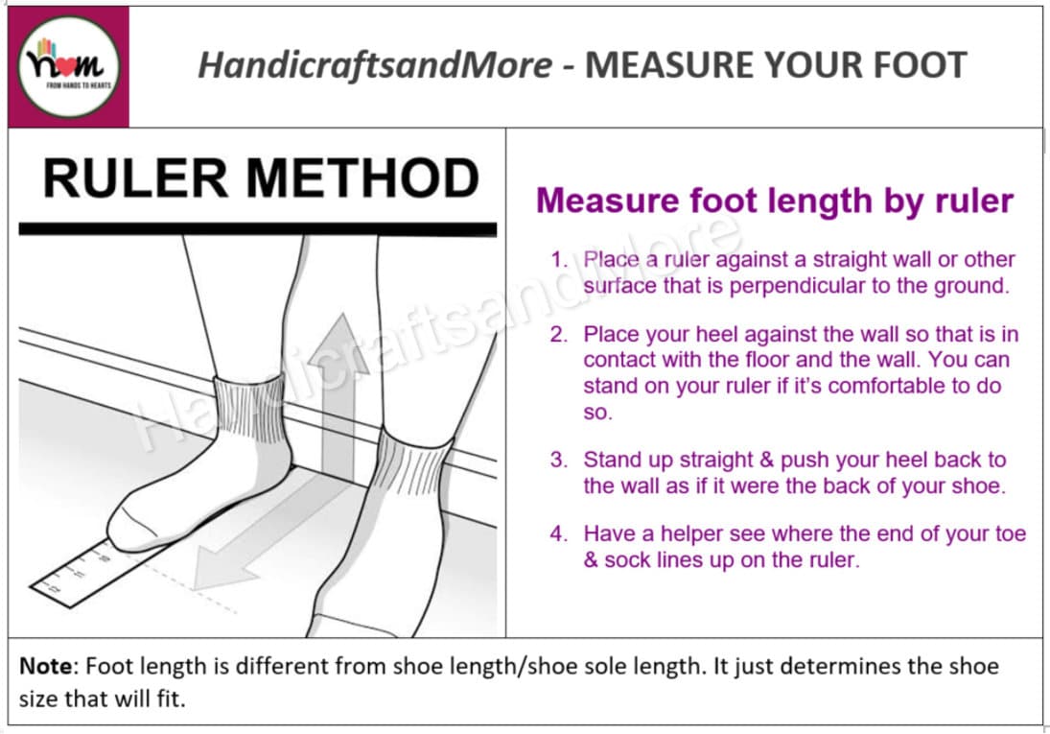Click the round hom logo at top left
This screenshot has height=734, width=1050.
pos(68,67)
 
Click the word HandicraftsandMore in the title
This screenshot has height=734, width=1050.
pos(375,65)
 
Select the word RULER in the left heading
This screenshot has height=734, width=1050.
pos(135,178)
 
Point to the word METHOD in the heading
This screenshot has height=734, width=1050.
pos(362,178)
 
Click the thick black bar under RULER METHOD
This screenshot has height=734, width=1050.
pos(258,229)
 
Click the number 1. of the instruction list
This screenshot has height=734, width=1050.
pos(558,259)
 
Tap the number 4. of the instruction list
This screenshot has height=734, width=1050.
pos(558,533)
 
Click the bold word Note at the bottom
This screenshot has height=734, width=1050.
pos(45,666)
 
